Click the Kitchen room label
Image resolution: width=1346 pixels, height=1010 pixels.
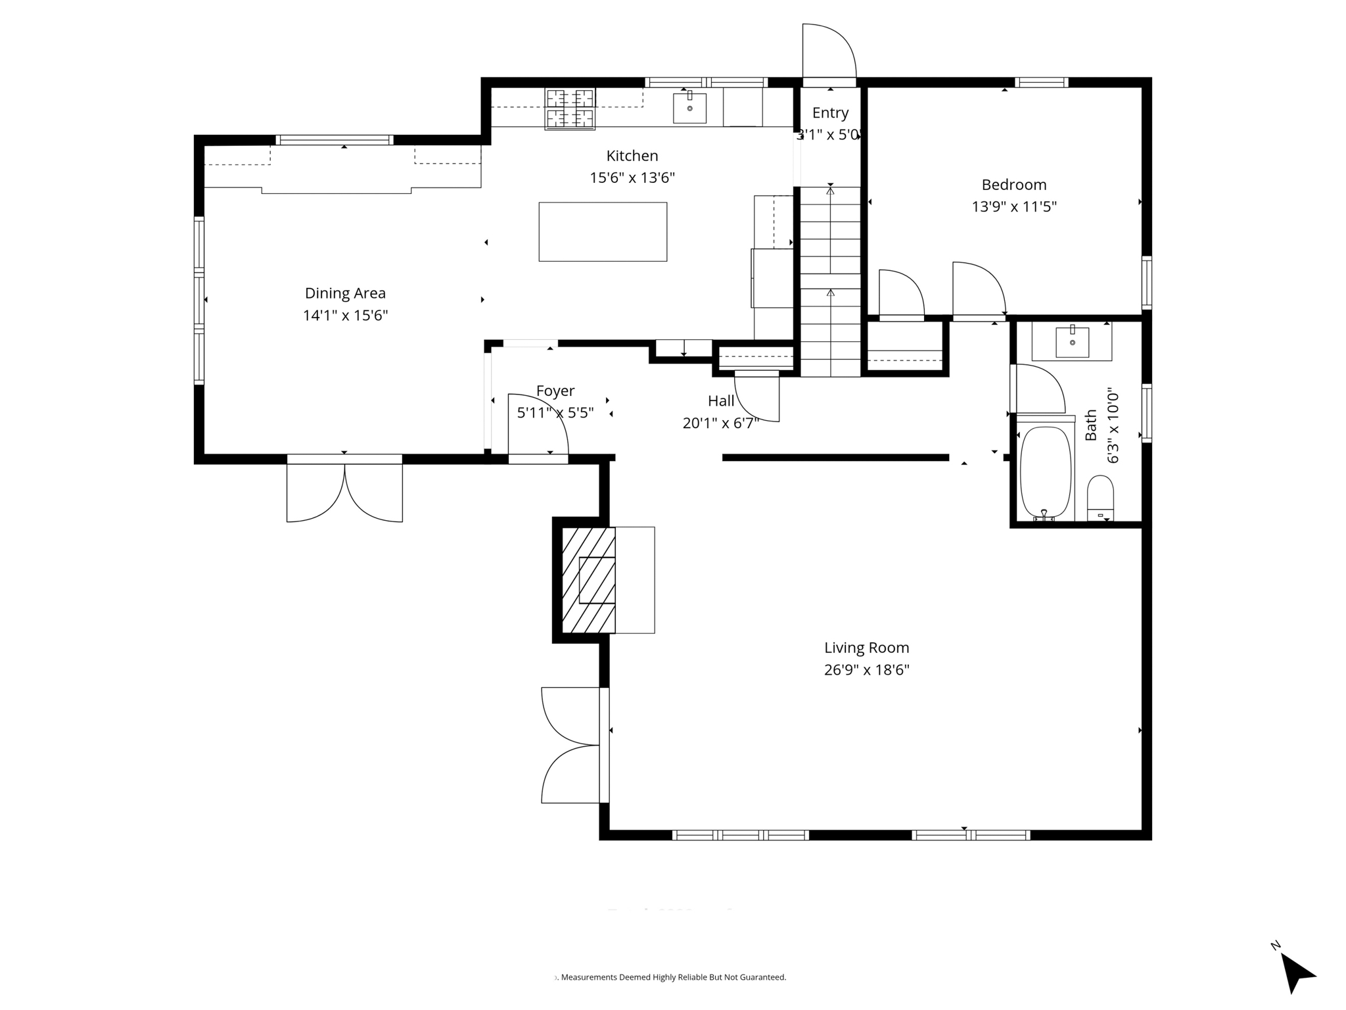pyautogui.click(x=632, y=156)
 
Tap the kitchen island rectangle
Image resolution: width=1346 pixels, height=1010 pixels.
pyautogui.click(x=603, y=231)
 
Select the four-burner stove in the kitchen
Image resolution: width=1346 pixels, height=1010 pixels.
pyautogui.click(x=570, y=108)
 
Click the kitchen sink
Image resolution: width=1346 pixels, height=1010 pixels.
pyautogui.click(x=689, y=108)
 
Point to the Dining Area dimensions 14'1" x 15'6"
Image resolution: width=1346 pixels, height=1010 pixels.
pyautogui.click(x=345, y=316)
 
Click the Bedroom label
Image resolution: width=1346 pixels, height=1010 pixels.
pyautogui.click(x=1013, y=185)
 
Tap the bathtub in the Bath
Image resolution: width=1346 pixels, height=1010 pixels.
pyautogui.click(x=1045, y=472)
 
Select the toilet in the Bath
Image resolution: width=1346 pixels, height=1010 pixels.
pyautogui.click(x=1100, y=498)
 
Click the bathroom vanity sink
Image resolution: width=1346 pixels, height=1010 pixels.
pyautogui.click(x=1072, y=342)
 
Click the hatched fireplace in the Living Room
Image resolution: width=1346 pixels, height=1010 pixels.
pyautogui.click(x=588, y=580)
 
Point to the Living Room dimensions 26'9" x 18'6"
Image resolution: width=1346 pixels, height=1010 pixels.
pyautogui.click(x=866, y=670)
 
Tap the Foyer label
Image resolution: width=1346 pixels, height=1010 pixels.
pyautogui.click(x=555, y=391)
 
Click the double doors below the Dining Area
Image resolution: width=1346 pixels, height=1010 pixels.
pyautogui.click(x=344, y=492)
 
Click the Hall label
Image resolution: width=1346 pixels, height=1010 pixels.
pyautogui.click(x=721, y=401)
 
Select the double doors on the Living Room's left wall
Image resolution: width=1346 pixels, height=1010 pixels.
pyautogui.click(x=570, y=745)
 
